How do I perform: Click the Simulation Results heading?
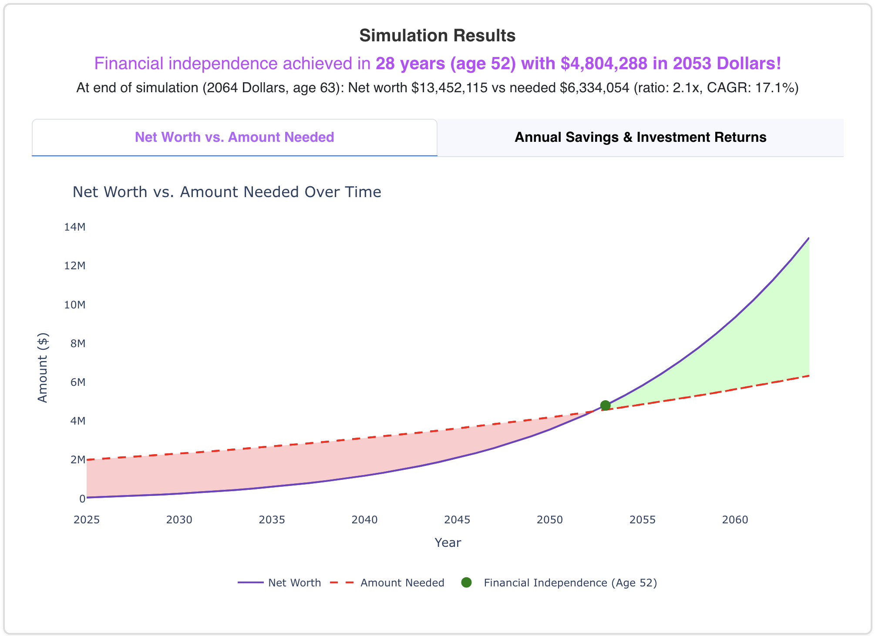coord(437,36)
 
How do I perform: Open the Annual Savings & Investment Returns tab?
coord(640,137)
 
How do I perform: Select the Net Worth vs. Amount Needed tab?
coord(234,137)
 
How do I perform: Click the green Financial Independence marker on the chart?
coord(605,405)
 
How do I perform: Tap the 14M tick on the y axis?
coord(75,227)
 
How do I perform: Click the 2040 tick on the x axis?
coord(364,520)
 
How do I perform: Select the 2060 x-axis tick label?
coord(735,520)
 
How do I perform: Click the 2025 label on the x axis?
coord(87,520)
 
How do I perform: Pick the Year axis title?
coord(448,542)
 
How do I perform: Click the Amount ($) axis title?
coord(42,368)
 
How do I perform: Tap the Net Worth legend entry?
coord(294,583)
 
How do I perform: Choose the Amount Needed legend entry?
coord(402,583)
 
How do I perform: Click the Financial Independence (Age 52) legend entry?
coord(570,583)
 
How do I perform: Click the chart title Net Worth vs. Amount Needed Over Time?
coord(227,192)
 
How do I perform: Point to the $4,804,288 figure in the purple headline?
coord(604,64)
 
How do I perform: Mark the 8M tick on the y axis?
coord(77,344)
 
